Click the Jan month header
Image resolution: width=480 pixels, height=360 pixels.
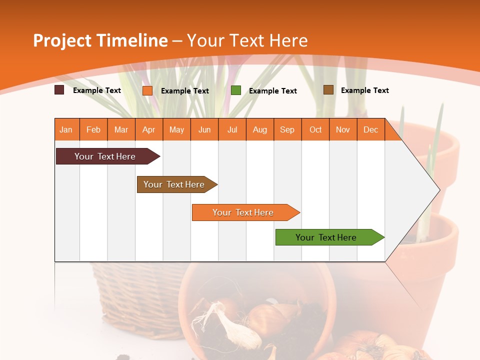click(x=66, y=129)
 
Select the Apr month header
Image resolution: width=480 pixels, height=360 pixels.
click(x=149, y=129)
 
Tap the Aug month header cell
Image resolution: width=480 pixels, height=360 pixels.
click(x=260, y=129)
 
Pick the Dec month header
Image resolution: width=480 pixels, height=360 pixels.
click(x=370, y=129)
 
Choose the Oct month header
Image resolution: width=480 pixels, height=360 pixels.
click(x=315, y=129)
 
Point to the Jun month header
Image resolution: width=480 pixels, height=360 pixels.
click(x=204, y=129)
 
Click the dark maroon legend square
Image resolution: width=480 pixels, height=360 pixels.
click(x=59, y=90)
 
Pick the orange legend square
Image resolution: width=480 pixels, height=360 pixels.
click(x=147, y=90)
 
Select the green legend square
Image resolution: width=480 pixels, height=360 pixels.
click(x=236, y=90)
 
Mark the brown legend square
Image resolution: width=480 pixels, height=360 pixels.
click(x=328, y=90)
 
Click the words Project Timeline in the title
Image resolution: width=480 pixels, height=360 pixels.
click(x=100, y=40)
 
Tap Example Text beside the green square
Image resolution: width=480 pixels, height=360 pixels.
click(x=272, y=91)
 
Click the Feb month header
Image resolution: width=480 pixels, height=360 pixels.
click(x=93, y=129)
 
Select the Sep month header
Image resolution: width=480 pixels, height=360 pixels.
click(x=287, y=129)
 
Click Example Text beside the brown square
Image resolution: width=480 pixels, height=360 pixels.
click(x=364, y=90)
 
